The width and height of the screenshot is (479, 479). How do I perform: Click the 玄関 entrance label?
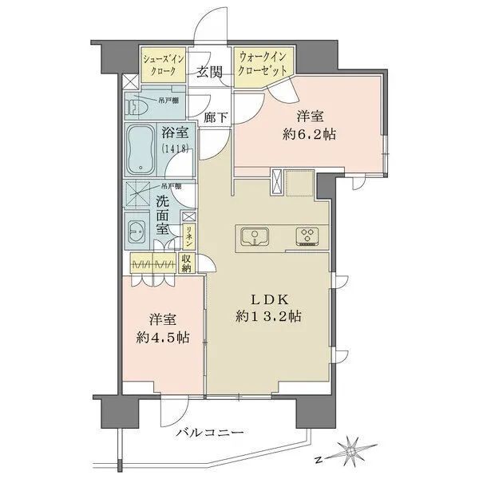209,72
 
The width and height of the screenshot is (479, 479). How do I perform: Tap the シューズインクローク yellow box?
163,64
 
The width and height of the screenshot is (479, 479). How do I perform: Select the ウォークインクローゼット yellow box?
264,64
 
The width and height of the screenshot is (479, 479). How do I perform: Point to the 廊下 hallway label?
215,117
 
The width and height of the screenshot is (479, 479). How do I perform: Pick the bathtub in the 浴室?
144,148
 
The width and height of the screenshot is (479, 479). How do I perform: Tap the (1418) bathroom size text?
175,149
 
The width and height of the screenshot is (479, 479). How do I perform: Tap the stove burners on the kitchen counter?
307,236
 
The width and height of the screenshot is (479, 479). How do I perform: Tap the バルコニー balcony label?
209,432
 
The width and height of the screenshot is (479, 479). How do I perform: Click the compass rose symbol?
351,451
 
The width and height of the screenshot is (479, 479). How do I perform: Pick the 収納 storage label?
186,263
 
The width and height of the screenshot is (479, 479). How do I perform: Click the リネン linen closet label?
188,237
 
